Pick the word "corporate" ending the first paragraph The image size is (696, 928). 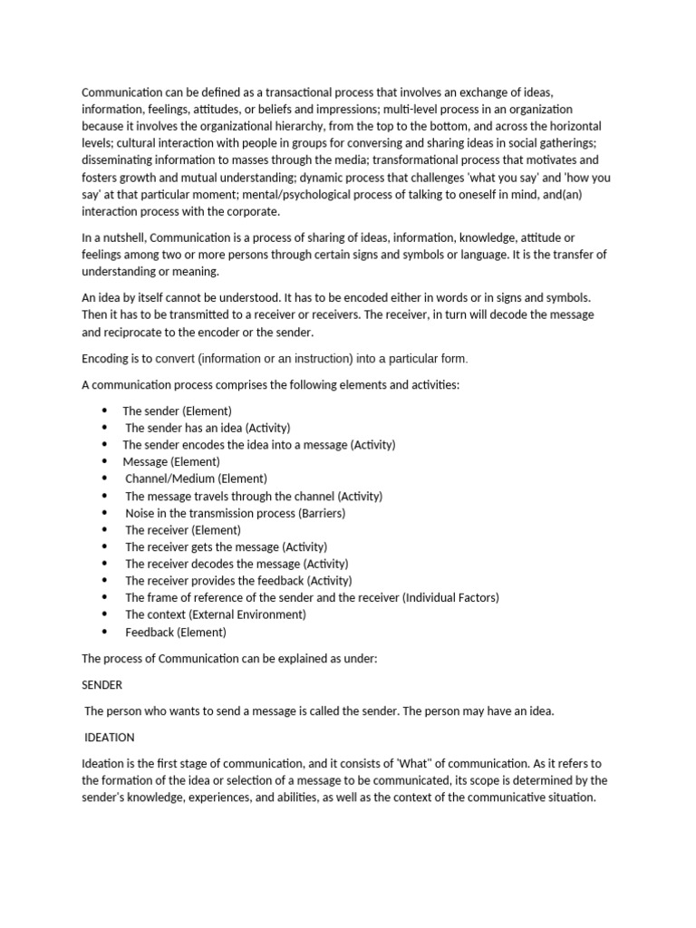254,212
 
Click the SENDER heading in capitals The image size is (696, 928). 101,685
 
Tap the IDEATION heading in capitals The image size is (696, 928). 110,737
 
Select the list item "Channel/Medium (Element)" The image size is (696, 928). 196,478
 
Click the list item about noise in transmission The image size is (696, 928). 235,513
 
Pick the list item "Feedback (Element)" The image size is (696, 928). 176,633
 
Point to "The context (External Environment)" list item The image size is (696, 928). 216,614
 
